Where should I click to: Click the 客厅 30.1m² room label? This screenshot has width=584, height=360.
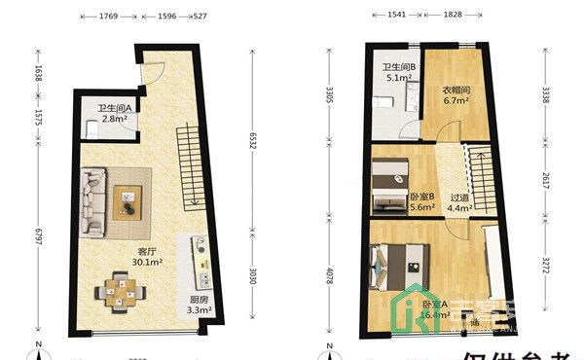[x=148, y=255]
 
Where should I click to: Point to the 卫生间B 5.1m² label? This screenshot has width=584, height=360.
[x=399, y=73]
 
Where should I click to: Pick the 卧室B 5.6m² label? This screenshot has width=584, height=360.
[x=420, y=200]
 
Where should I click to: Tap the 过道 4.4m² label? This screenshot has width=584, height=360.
[x=459, y=200]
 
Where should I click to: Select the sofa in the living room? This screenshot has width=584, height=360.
[x=94, y=201]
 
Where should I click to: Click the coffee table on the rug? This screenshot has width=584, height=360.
[x=129, y=199]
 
